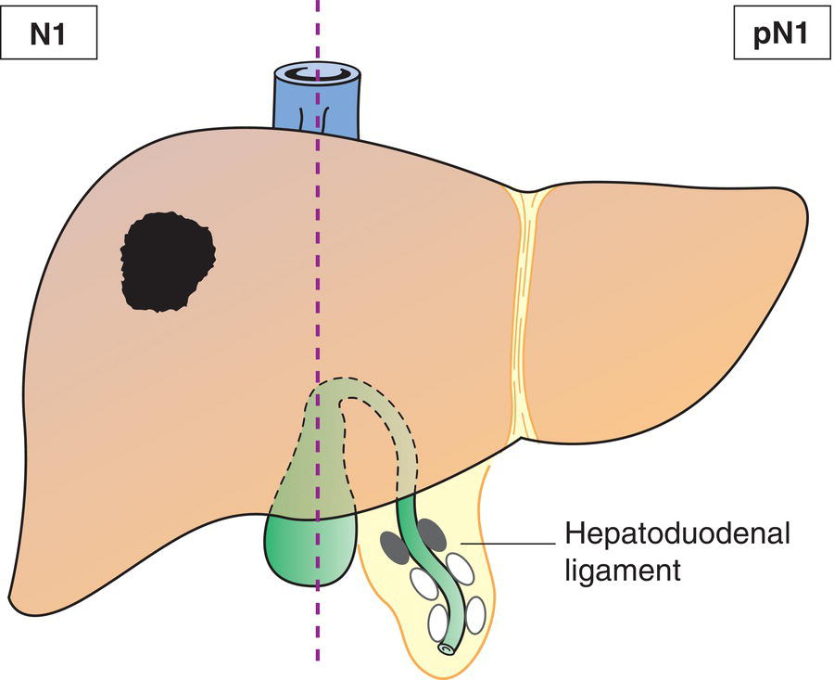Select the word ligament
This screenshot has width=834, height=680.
pos(622,569)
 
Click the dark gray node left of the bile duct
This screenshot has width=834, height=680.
pos(393,548)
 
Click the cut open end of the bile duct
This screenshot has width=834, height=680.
pos(448,649)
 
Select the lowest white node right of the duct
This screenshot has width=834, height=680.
pos(475,614)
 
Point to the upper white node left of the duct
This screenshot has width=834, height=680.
pos(423,584)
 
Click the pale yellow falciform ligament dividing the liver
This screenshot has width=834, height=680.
pos(522,306)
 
